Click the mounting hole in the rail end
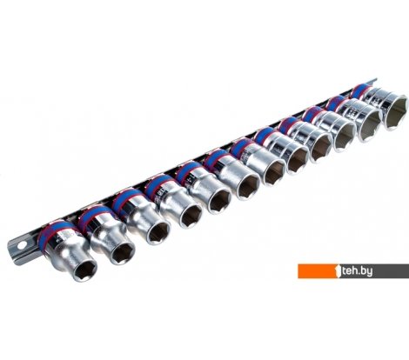(x=22, y=245)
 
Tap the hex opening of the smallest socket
(x=84, y=270)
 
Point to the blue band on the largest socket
(x=361, y=89)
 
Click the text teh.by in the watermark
(x=357, y=271)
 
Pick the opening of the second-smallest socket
(x=123, y=254)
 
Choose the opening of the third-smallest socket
(x=158, y=233)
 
